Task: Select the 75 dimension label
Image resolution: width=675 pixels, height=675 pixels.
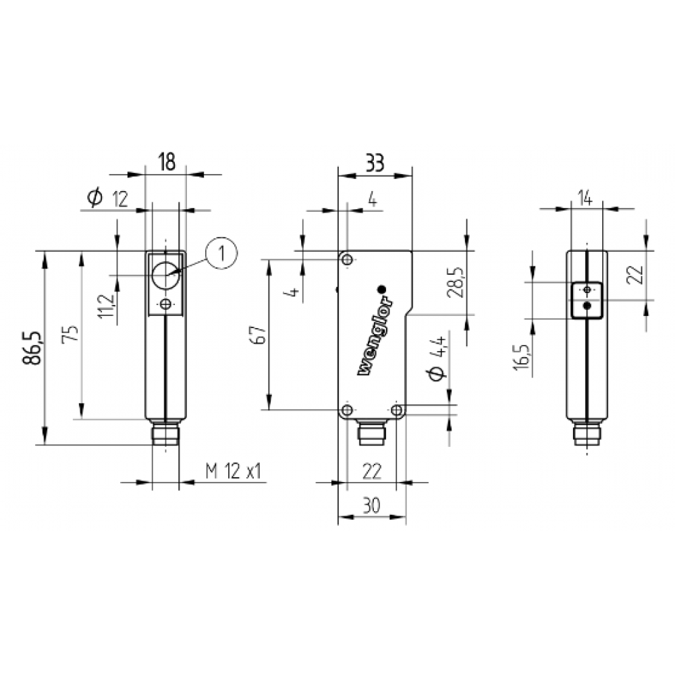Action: pos(71,333)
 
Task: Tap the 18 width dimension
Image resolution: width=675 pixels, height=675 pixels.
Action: pos(167,162)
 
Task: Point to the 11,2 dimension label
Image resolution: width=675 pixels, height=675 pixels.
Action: pos(107,306)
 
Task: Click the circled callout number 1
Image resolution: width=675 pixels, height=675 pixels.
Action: pos(221,253)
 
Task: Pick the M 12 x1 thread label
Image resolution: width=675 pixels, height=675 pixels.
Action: pos(234,471)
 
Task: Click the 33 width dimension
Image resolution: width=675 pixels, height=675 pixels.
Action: pos(374,163)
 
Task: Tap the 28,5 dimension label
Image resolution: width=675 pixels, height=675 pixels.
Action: pos(455,282)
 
